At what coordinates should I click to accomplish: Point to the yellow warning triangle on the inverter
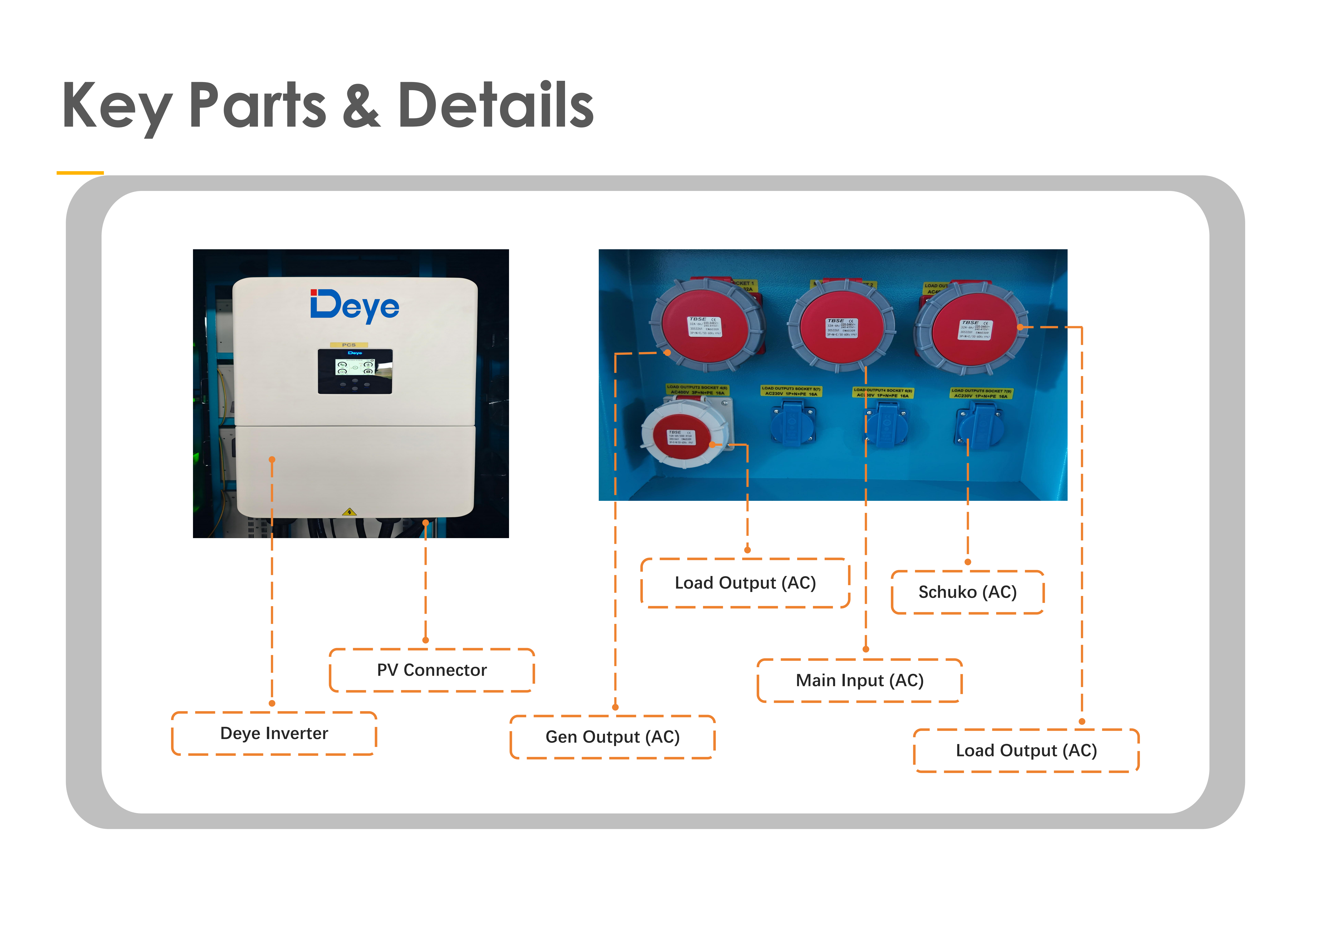click(x=349, y=512)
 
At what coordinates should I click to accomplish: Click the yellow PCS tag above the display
click(x=349, y=344)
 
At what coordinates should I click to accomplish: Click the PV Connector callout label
click(x=432, y=670)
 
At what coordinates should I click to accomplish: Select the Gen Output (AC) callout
click(x=613, y=737)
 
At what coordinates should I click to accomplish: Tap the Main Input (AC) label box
click(x=860, y=680)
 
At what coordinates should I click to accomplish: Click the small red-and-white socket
click(x=683, y=438)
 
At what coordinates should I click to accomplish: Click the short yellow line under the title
click(x=80, y=172)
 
